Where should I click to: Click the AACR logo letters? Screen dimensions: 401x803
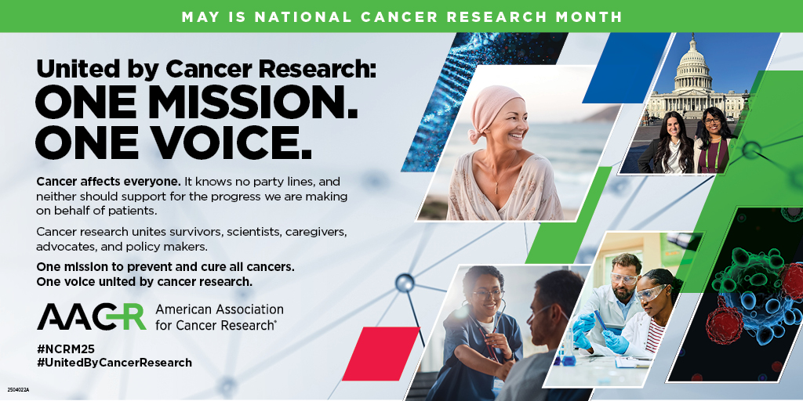(91, 316)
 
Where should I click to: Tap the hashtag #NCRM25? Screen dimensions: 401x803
(67, 348)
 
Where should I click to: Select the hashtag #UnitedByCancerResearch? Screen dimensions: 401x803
(114, 363)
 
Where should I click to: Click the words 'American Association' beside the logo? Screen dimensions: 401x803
(219, 309)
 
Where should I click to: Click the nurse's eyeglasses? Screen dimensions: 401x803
(487, 293)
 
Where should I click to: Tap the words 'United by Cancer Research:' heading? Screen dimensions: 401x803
(206, 69)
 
